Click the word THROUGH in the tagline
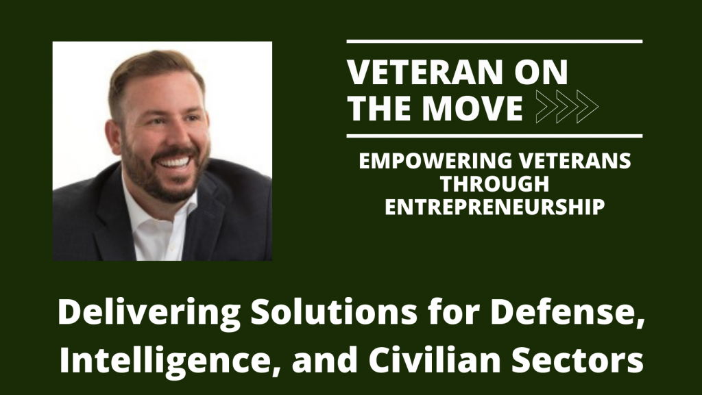495,185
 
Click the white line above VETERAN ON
494,42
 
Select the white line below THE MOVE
494,136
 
